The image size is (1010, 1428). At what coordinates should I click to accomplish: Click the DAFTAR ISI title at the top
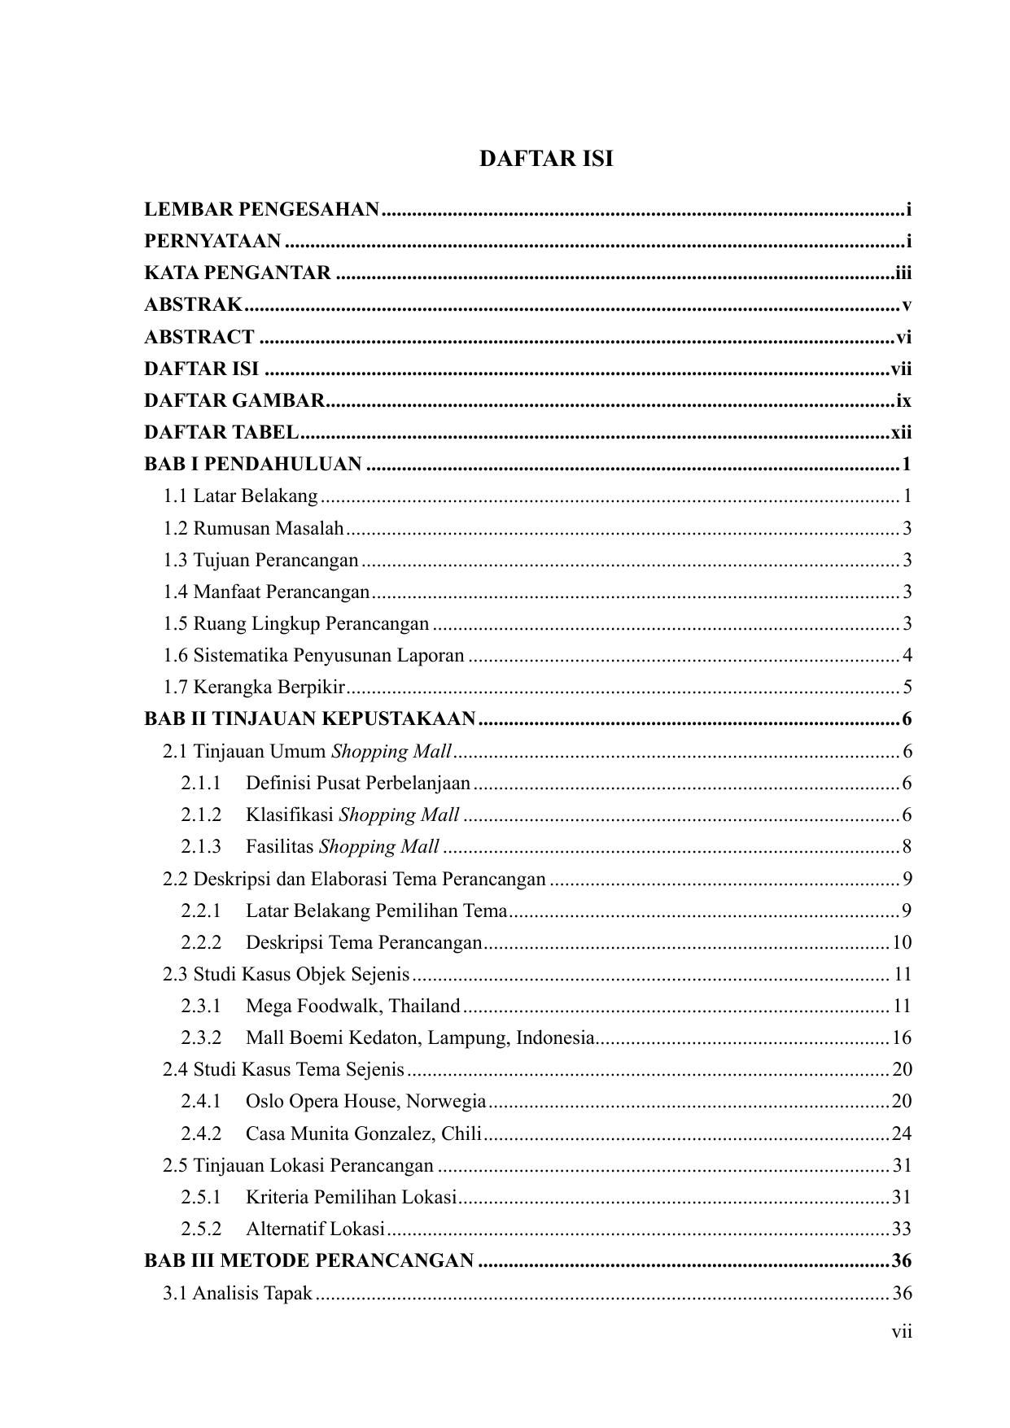(545, 159)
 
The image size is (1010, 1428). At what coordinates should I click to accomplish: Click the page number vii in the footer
(901, 1332)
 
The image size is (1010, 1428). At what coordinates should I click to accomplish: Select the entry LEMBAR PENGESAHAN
(261, 210)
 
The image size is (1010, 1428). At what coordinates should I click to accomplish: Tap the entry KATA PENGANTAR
(238, 273)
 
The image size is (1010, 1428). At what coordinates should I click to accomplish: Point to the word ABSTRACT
(199, 337)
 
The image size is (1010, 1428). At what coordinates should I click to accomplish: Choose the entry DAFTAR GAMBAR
(234, 401)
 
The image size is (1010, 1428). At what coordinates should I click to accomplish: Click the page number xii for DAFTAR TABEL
(901, 433)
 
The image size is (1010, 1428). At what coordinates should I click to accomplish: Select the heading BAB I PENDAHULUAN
(253, 465)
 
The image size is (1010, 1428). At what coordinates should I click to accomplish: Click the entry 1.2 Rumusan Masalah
(253, 529)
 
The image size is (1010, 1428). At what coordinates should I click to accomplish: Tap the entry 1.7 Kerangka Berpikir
(254, 688)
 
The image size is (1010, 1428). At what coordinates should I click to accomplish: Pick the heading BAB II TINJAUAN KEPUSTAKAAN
(309, 719)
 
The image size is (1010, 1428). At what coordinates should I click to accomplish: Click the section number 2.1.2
(201, 815)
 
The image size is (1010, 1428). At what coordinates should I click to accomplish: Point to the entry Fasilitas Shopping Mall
(342, 847)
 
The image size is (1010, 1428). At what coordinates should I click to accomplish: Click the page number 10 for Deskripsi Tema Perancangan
(902, 943)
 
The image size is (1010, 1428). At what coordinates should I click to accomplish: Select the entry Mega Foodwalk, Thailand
(352, 1007)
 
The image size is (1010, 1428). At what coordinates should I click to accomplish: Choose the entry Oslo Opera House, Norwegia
(365, 1102)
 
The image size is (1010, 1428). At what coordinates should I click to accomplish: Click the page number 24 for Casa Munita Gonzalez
(902, 1133)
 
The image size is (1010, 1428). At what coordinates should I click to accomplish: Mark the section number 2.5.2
(201, 1229)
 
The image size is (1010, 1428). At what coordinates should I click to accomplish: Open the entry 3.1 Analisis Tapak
(238, 1293)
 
